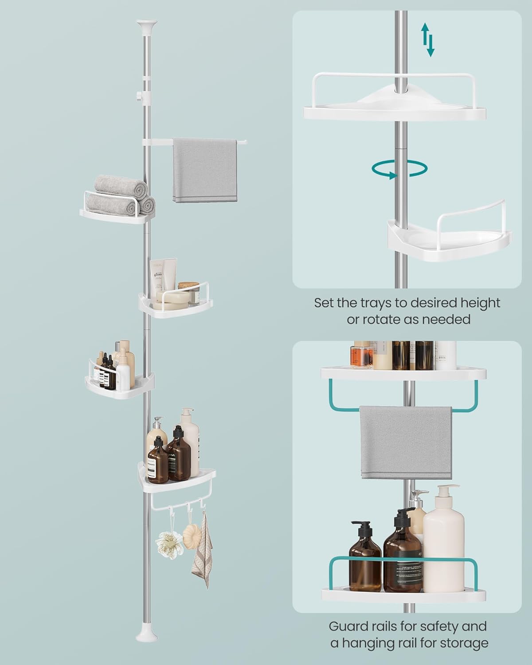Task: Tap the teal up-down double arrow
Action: pos(428,40)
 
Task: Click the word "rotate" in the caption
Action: pos(369,319)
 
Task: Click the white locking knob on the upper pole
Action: pos(139,95)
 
